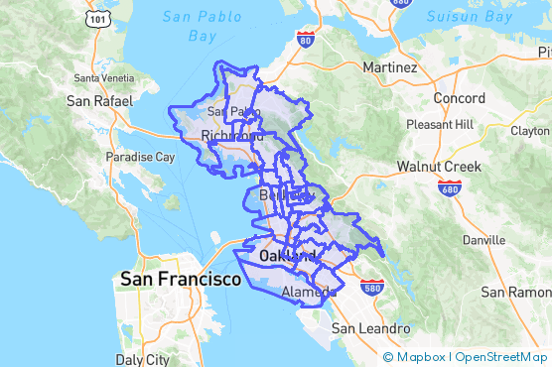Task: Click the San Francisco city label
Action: point(180,280)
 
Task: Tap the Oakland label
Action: point(287,256)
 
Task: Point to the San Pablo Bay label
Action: point(202,27)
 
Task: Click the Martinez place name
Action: point(389,67)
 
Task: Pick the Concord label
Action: point(460,98)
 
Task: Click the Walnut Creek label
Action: point(439,166)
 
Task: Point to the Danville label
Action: point(483,240)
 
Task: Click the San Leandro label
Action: point(370,328)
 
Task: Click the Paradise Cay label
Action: point(141,157)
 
